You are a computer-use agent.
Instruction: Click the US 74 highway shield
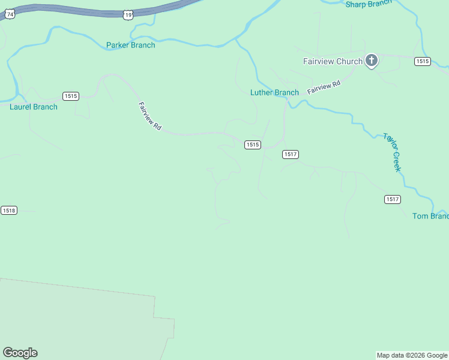tap(8, 15)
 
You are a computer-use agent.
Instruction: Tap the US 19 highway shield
tap(128, 15)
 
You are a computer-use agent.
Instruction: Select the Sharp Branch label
tap(369, 4)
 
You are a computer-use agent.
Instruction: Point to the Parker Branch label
tap(130, 45)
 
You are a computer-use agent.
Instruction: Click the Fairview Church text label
tap(333, 61)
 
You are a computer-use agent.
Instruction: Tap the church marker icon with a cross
tap(372, 60)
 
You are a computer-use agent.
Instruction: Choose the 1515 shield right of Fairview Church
tap(422, 61)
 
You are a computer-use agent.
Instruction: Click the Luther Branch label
tap(274, 92)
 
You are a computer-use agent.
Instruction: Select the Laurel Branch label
tap(34, 107)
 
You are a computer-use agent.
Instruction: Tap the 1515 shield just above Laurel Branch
tap(71, 96)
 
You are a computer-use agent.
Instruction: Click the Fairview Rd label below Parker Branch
tap(149, 116)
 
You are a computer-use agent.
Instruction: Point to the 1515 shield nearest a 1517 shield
tap(252, 145)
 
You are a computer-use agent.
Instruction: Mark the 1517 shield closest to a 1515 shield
tap(290, 154)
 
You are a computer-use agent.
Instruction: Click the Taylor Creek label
tap(392, 152)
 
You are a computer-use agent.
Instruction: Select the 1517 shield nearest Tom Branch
tap(393, 199)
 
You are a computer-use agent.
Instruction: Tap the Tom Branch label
tap(430, 216)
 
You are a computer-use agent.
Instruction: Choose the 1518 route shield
tap(9, 210)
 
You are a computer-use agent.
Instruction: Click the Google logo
tap(20, 353)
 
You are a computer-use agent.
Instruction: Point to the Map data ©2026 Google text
tap(412, 355)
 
